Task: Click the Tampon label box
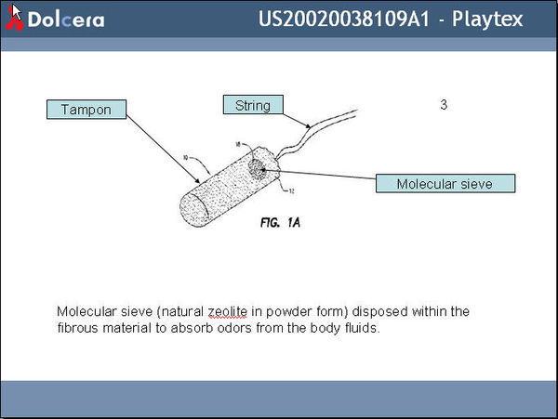pyautogui.click(x=86, y=110)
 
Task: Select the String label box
pyautogui.click(x=252, y=105)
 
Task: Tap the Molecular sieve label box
pyautogui.click(x=445, y=183)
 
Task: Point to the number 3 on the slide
pyautogui.click(x=444, y=105)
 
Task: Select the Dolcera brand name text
pyautogui.click(x=65, y=20)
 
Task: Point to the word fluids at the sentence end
pyautogui.click(x=362, y=328)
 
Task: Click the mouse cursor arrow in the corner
pyautogui.click(x=15, y=11)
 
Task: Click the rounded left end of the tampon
pyautogui.click(x=185, y=206)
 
